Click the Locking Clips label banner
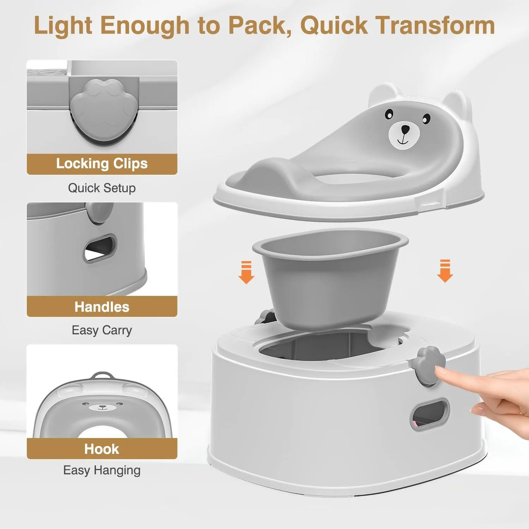(x=102, y=164)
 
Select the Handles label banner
(x=102, y=306)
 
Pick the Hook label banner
(x=102, y=449)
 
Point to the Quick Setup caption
(x=102, y=188)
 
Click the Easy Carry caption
(x=102, y=330)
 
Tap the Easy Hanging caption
(x=102, y=470)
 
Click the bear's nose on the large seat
(x=406, y=129)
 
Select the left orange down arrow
(x=246, y=272)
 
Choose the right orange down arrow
(x=445, y=271)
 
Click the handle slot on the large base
(x=430, y=413)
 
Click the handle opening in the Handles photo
(x=100, y=249)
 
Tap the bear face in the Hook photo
(x=102, y=406)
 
